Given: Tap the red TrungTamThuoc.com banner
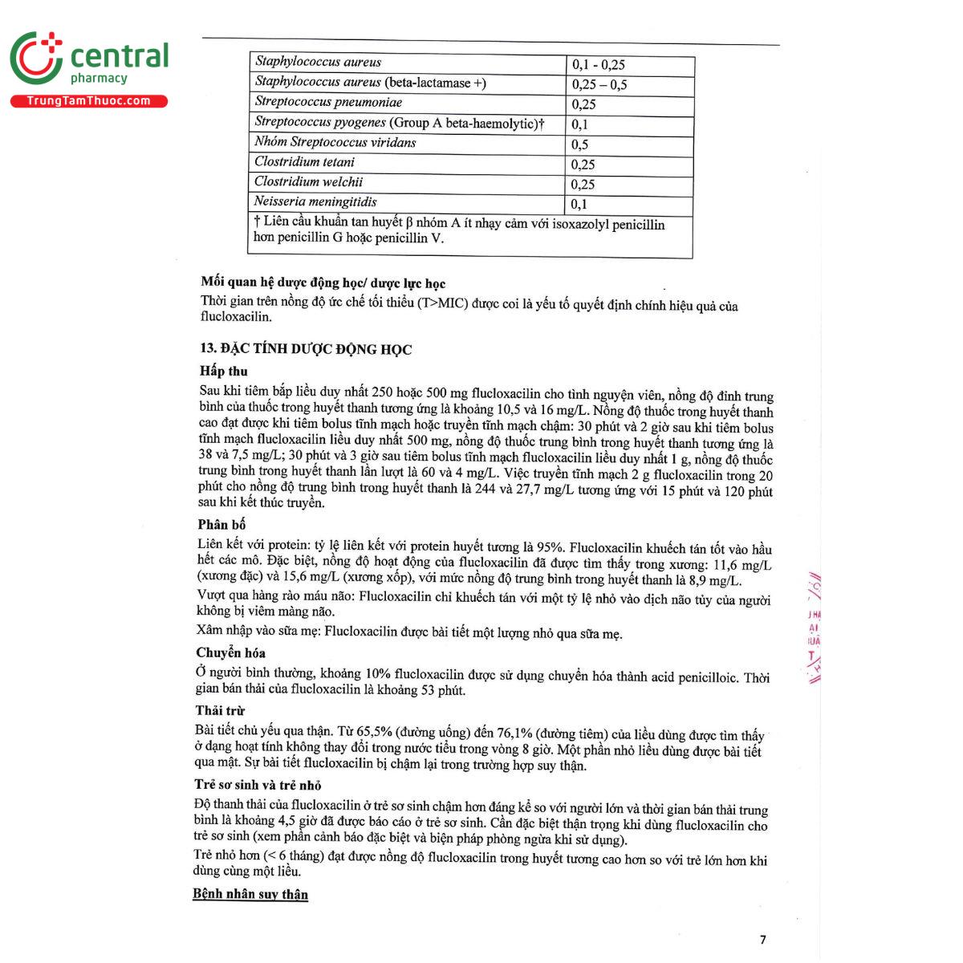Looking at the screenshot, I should click(x=88, y=101).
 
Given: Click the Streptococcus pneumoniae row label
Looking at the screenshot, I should click(x=328, y=103).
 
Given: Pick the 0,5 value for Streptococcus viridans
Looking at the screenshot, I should click(x=580, y=144).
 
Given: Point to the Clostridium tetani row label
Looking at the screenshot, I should click(x=304, y=162).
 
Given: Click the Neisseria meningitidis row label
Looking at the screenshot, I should click(x=315, y=202).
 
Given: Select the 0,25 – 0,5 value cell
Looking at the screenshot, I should click(x=599, y=84).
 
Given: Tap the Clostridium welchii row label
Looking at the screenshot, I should click(x=308, y=182).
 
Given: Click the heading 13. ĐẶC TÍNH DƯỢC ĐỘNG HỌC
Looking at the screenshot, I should click(x=306, y=349).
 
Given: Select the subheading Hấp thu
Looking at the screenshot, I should click(x=224, y=371).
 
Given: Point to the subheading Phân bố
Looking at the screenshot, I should click(x=221, y=525).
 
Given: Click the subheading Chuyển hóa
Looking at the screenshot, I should click(x=230, y=653).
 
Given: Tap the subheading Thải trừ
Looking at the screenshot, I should click(x=220, y=711).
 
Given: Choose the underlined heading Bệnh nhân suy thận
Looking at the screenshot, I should click(x=250, y=894).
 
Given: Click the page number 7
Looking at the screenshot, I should click(x=762, y=940).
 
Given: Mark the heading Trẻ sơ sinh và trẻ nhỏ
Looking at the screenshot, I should click(x=258, y=785).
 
